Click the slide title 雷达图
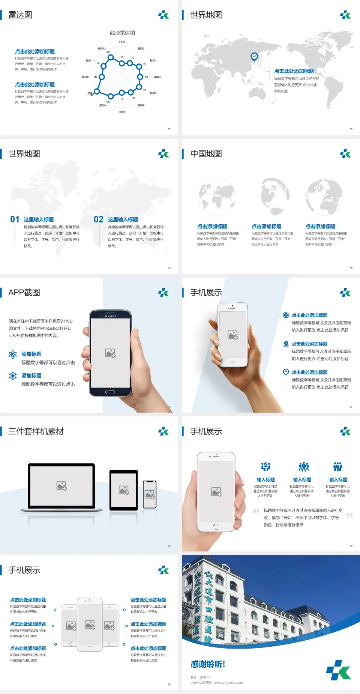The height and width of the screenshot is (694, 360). (20, 15)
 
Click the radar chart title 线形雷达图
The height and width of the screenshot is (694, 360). (122, 33)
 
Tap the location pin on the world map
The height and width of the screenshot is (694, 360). (254, 57)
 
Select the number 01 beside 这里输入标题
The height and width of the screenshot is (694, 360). (15, 219)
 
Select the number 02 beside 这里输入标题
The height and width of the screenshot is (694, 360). (99, 219)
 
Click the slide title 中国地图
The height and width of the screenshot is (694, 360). (206, 154)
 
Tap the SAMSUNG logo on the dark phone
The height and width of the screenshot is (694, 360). (110, 316)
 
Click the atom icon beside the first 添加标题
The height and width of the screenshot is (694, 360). (13, 355)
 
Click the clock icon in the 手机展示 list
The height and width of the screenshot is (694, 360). (286, 372)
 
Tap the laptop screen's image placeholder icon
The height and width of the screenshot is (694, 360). (61, 486)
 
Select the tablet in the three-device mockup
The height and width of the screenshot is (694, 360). (124, 490)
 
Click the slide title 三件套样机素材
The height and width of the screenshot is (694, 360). (36, 431)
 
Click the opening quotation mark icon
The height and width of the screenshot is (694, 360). (256, 511)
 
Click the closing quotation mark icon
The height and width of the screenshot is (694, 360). (349, 515)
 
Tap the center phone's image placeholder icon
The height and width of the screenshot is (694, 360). (90, 625)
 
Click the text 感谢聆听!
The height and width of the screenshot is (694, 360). (208, 664)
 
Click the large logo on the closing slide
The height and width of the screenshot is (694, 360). (338, 670)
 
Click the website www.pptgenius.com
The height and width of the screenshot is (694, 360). (228, 683)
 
